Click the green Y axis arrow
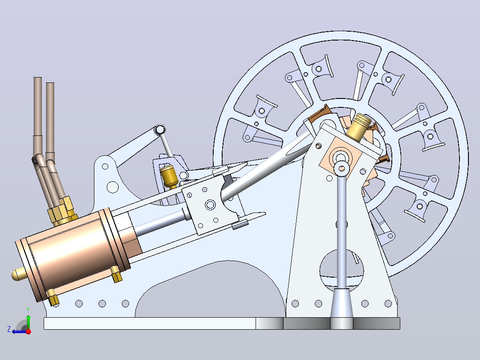point(28,322)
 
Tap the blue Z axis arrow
point(20,331)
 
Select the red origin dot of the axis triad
point(28,331)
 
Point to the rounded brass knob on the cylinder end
point(18,274)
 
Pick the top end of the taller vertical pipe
point(38,78)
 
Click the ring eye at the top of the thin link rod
point(160,130)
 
